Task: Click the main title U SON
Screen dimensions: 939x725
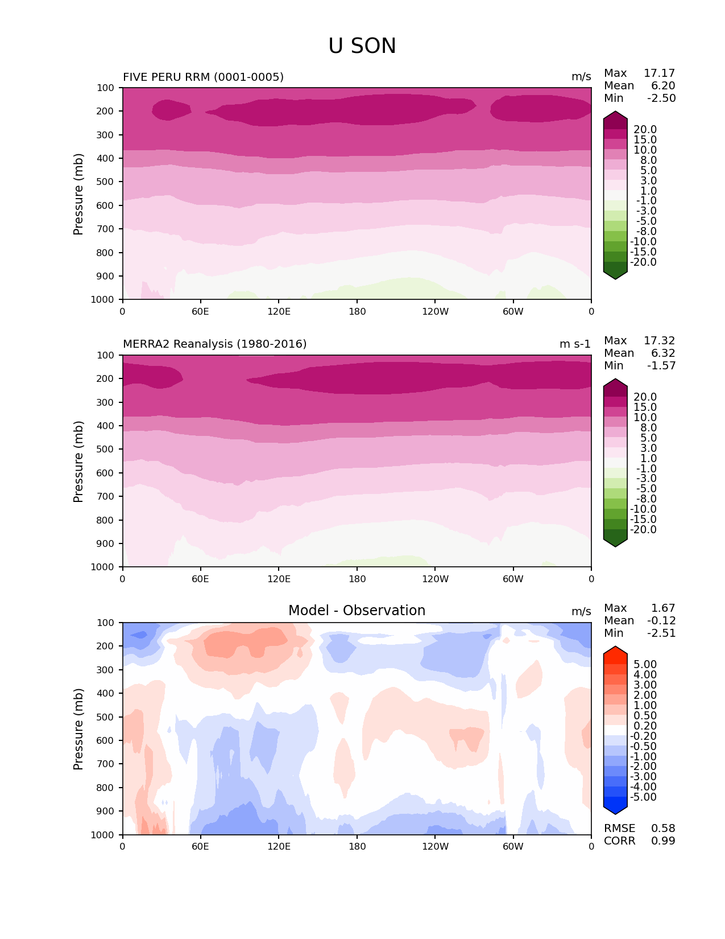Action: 362,46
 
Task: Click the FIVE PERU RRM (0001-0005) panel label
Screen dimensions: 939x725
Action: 203,77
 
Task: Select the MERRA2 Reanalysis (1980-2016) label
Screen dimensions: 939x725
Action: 214,344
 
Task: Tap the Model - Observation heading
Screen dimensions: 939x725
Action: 357,611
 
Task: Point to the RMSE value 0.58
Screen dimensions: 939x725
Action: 663,828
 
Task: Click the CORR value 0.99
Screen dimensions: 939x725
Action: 663,841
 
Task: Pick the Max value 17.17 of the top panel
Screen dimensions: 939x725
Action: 659,73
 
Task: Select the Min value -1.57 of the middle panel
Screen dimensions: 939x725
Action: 661,365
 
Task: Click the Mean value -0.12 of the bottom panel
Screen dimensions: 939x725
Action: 661,620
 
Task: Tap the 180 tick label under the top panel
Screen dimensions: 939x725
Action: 357,311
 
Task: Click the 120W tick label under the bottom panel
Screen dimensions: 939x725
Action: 435,846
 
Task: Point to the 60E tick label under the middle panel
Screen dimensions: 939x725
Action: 200,579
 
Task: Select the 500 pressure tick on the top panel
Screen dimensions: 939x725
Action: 106,182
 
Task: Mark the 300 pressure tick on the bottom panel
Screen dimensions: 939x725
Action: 106,670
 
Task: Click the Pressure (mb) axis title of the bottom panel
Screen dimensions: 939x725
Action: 78,728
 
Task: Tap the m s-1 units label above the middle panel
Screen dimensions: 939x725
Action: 575,344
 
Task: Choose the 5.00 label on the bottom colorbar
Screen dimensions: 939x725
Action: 645,664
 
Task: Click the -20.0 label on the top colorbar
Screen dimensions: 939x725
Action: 644,262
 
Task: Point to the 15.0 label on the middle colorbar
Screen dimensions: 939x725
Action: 645,407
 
